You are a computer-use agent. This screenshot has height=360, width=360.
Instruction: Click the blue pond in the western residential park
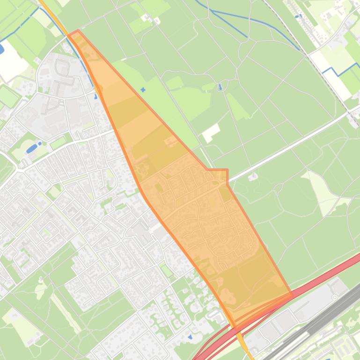(x=32, y=148)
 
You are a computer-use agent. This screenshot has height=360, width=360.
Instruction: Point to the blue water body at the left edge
(x=1, y=48)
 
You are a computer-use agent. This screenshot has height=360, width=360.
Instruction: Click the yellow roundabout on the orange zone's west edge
(x=99, y=88)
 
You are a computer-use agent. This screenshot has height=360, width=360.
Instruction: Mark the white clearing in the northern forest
(x=211, y=133)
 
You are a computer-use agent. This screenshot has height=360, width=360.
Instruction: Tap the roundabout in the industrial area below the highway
(x=334, y=297)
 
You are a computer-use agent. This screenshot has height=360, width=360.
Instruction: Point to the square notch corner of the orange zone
(x=227, y=170)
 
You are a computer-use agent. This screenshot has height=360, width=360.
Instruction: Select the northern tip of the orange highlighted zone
(x=77, y=31)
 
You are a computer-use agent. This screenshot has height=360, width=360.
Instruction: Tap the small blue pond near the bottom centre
(x=190, y=337)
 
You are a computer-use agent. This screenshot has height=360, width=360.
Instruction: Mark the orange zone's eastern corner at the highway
(x=291, y=295)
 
